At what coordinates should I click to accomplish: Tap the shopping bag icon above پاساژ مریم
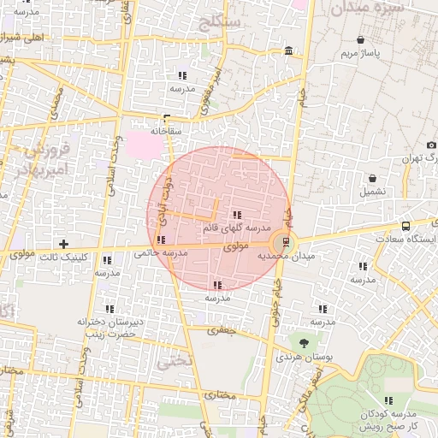coord(360,40)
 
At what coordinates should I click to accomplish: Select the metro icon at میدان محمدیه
coord(286,243)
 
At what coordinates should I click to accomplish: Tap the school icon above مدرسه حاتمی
coord(163,240)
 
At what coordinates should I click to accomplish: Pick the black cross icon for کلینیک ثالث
coord(62,245)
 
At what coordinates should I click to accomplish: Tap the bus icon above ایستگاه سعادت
coord(405,226)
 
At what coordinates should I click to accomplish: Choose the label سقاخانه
coord(167,132)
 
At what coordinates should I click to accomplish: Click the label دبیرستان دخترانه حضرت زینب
coord(109,328)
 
